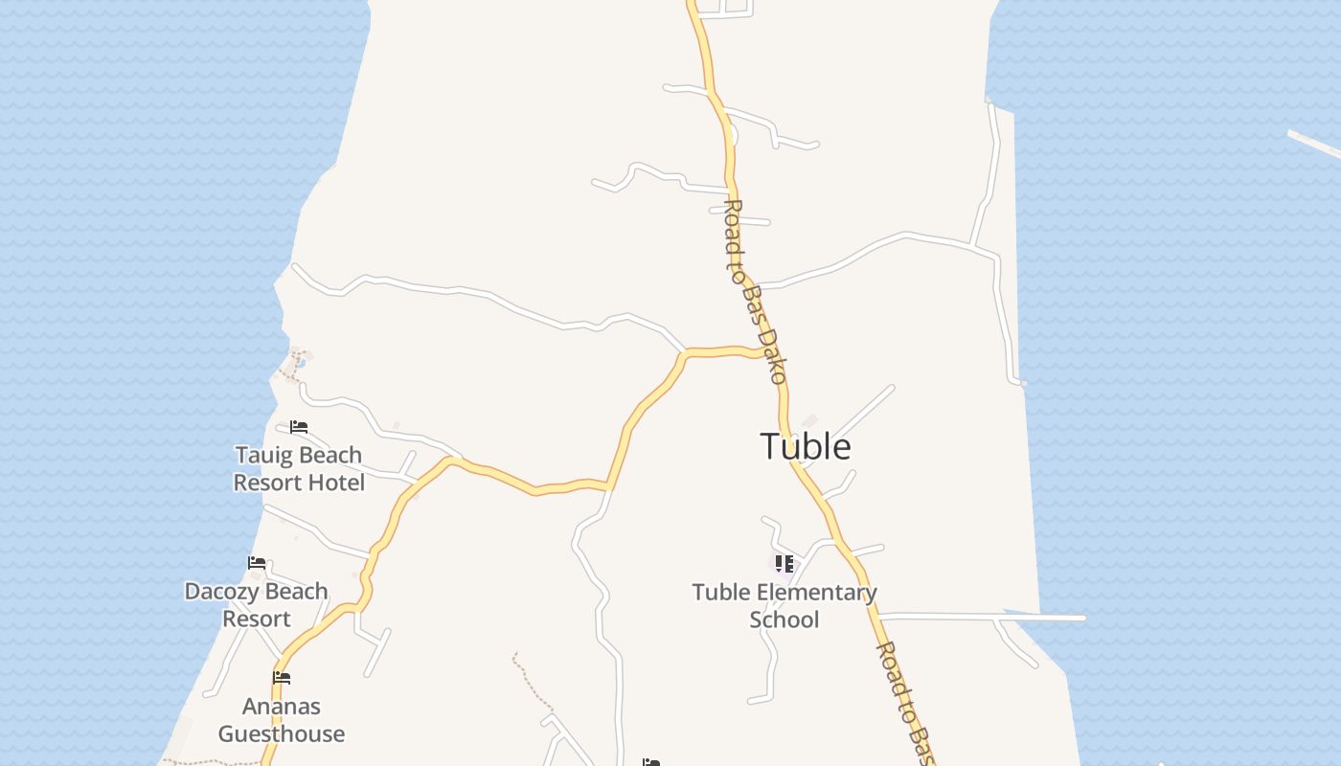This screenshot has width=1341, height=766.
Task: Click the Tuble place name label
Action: tap(806, 446)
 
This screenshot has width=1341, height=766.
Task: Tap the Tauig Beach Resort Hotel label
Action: tap(299, 468)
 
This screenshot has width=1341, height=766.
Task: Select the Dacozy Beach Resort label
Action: tap(256, 605)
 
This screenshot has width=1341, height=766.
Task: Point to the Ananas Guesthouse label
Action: tap(281, 720)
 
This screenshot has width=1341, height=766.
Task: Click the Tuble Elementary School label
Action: tap(784, 606)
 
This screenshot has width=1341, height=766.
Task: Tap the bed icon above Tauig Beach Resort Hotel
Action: tap(299, 427)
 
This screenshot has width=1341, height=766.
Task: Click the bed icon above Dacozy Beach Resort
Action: tap(257, 563)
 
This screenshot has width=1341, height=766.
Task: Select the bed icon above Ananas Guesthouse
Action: tap(281, 678)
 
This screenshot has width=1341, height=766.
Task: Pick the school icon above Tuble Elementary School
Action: tap(784, 563)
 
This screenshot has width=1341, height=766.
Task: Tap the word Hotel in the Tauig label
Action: tap(334, 483)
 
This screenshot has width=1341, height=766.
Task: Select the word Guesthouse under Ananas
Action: tap(281, 734)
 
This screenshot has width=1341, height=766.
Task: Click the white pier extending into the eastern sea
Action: tap(1044, 618)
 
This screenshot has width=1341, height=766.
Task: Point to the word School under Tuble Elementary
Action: tap(784, 620)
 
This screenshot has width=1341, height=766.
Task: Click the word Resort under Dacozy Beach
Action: tap(256, 620)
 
